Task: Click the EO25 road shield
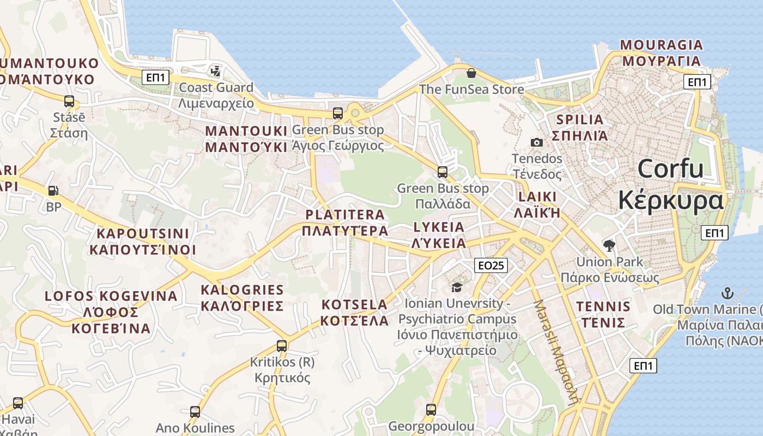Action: click(x=491, y=265)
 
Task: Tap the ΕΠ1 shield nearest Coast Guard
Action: click(x=156, y=77)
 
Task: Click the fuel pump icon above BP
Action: click(x=53, y=191)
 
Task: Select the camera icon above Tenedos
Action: click(x=537, y=142)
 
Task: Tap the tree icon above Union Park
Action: click(x=609, y=245)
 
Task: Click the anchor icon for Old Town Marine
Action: click(x=726, y=293)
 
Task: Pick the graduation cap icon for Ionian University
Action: click(x=457, y=287)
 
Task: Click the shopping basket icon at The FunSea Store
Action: click(x=471, y=73)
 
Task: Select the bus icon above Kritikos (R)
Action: click(x=281, y=346)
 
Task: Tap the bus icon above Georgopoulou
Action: click(x=431, y=409)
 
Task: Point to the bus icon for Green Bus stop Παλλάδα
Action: click(x=443, y=172)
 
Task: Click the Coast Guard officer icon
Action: click(x=216, y=71)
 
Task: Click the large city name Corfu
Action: click(x=670, y=168)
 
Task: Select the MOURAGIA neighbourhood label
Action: click(x=661, y=45)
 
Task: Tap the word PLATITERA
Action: click(x=345, y=215)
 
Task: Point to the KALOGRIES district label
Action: click(x=242, y=290)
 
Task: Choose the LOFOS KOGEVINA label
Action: click(x=111, y=296)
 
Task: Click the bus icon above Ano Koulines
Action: click(x=195, y=411)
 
